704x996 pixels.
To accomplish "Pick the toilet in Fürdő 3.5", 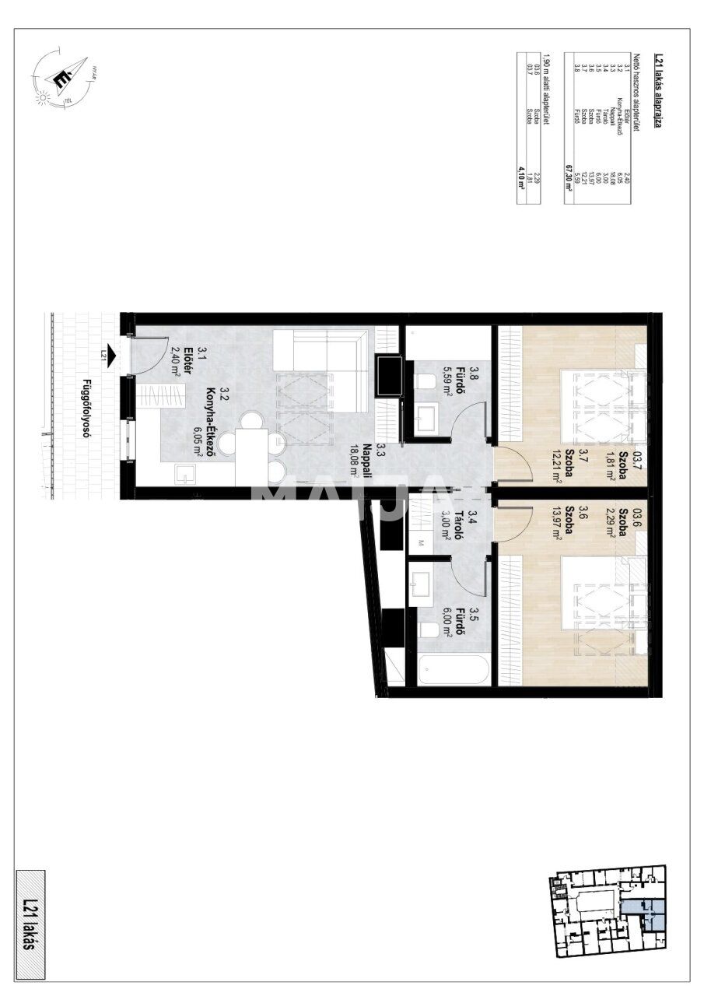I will click(429, 631).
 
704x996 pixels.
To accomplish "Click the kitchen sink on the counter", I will click(184, 472).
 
